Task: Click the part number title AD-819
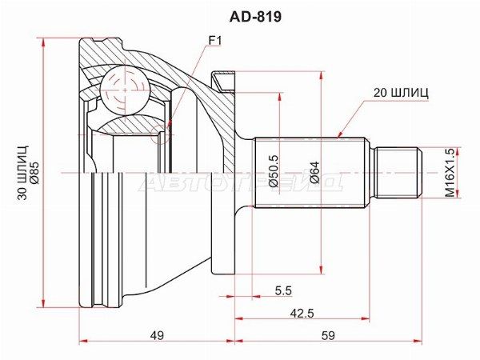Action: pyautogui.click(x=255, y=17)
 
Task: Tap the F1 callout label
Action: pyautogui.click(x=215, y=41)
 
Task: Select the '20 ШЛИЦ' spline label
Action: pyautogui.click(x=401, y=93)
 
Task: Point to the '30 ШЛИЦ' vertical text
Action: pyautogui.click(x=23, y=173)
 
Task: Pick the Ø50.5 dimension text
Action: pyautogui.click(x=273, y=170)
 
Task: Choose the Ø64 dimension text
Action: pyautogui.click(x=314, y=172)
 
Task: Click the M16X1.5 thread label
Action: pyautogui.click(x=450, y=173)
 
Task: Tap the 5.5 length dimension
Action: pyautogui.click(x=283, y=290)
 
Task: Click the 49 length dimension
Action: pyautogui.click(x=157, y=335)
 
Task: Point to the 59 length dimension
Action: pyautogui.click(x=328, y=335)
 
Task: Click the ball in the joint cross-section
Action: pyautogui.click(x=126, y=90)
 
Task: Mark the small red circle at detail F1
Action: pyautogui.click(x=160, y=134)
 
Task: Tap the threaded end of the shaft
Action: pyautogui.click(x=398, y=172)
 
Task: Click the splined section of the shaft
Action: pyautogui.click(x=310, y=173)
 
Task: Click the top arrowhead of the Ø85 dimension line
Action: pyautogui.click(x=45, y=42)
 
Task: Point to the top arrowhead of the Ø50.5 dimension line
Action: pyautogui.click(x=279, y=98)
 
